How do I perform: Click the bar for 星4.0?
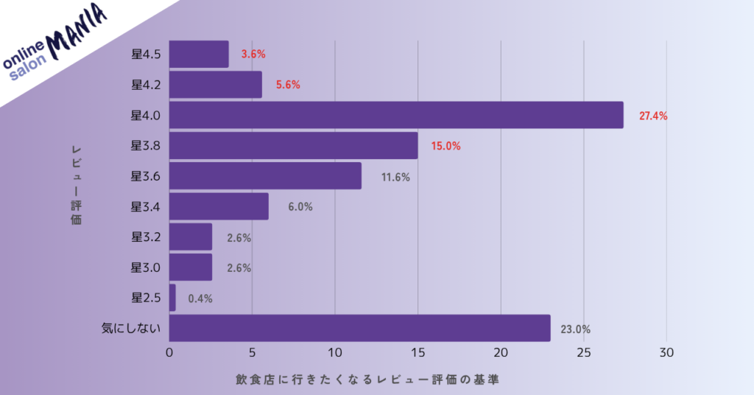(396, 115)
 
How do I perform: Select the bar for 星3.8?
(294, 146)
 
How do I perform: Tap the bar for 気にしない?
(360, 328)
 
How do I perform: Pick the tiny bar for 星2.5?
(173, 298)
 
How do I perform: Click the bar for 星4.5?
(199, 55)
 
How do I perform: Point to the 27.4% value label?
(652, 116)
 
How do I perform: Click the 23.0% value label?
(576, 329)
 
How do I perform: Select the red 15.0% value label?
(445, 147)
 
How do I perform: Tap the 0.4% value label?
(200, 298)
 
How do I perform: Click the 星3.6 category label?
(146, 176)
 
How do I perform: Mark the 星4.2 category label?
(146, 85)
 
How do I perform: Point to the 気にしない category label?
(131, 328)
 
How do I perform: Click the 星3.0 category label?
(146, 267)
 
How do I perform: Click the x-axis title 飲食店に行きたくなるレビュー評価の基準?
(372, 380)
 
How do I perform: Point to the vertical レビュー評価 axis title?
(76, 184)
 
